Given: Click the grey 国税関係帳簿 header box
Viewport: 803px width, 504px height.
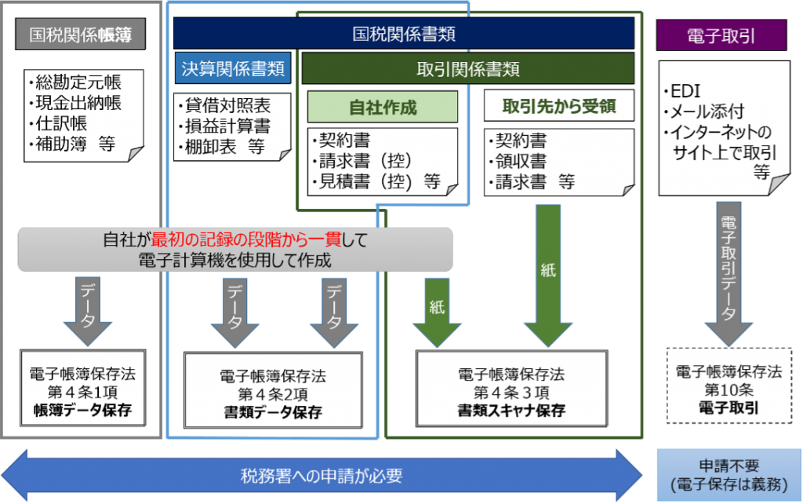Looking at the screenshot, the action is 81,35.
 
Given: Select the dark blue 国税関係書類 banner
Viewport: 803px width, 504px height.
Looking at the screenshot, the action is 404,33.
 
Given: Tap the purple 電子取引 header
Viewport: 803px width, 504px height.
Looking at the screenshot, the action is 721,35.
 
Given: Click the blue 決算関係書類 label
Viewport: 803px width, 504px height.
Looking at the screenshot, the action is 233,68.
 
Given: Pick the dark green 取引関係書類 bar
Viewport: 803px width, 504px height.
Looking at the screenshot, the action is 468,69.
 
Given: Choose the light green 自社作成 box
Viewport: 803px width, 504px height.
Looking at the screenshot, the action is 383,107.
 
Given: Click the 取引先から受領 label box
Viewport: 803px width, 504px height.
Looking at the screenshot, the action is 558,106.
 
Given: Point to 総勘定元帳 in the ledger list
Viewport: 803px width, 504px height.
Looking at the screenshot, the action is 78,82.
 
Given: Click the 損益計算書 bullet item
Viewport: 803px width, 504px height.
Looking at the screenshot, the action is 227,126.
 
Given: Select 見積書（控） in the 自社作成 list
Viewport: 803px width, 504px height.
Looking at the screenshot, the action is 365,181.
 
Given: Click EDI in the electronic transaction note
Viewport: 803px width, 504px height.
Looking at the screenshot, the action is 685,91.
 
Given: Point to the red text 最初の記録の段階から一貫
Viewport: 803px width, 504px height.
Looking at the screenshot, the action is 245,239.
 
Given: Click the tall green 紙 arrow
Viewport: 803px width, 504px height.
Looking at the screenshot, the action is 548,276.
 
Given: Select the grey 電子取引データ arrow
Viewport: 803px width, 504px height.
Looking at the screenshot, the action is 729,274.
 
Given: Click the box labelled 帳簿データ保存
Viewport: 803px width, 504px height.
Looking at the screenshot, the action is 83,388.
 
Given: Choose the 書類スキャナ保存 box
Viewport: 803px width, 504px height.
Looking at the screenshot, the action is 511,389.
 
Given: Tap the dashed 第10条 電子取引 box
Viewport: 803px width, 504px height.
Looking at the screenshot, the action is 729,386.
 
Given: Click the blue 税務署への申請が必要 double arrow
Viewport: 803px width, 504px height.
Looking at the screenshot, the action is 322,475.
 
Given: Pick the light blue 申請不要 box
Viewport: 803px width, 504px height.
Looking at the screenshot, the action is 729,475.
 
